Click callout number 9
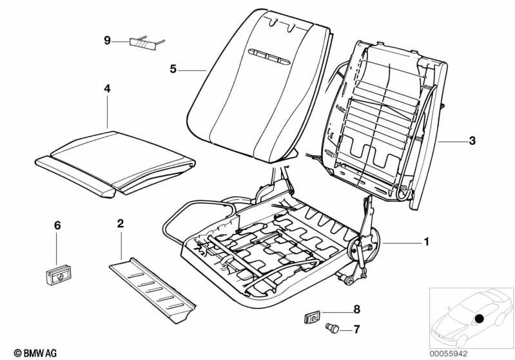click(107, 41)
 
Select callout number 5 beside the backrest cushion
click(173, 70)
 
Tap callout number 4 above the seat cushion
click(108, 89)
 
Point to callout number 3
click(472, 141)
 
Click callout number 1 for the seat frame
click(426, 242)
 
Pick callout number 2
click(121, 223)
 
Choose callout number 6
click(57, 225)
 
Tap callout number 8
click(356, 309)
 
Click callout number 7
click(356, 329)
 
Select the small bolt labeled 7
click(332, 328)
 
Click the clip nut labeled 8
click(313, 317)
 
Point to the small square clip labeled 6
click(59, 275)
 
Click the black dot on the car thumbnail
click(480, 319)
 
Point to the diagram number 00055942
click(449, 354)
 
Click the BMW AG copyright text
click(35, 353)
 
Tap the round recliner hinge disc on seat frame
click(364, 245)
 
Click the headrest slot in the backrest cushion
click(269, 57)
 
